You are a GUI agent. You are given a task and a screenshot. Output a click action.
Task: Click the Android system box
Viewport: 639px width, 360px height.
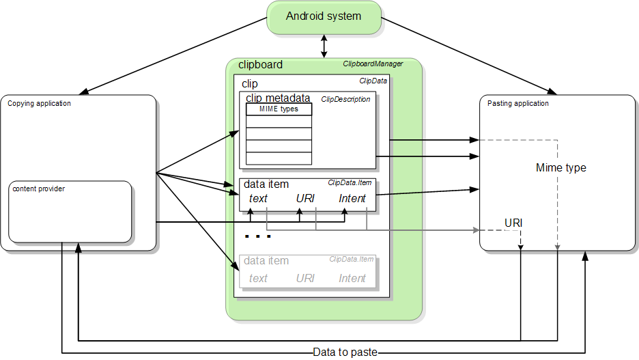pyautogui.click(x=324, y=16)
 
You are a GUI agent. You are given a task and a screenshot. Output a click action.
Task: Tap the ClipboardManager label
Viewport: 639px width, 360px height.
pyautogui.click(x=372, y=64)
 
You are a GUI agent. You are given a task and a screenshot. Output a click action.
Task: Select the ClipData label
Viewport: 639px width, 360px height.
pyautogui.click(x=373, y=81)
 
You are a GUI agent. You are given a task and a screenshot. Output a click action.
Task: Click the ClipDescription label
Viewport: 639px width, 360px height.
pyautogui.click(x=345, y=99)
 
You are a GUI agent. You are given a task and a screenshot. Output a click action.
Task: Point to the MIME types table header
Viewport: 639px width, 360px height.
pyautogui.click(x=279, y=109)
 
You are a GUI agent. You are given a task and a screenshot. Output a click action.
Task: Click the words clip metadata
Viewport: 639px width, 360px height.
pyautogui.click(x=279, y=98)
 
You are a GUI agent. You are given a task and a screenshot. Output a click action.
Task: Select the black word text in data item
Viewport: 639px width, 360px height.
pyautogui.click(x=258, y=198)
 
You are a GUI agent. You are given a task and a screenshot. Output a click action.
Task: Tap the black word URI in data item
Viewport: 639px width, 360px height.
pyautogui.click(x=305, y=198)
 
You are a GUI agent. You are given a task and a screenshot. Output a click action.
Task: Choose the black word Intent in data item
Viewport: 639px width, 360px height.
pyautogui.click(x=352, y=198)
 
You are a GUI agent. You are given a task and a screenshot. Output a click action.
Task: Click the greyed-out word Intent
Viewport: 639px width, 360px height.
pyautogui.click(x=352, y=278)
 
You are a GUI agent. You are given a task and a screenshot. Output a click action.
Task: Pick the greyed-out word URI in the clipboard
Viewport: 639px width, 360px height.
pyautogui.click(x=305, y=278)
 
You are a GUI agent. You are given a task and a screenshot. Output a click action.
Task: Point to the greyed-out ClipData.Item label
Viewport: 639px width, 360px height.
pyautogui.click(x=351, y=259)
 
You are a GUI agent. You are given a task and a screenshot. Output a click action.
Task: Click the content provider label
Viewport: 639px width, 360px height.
pyautogui.click(x=39, y=189)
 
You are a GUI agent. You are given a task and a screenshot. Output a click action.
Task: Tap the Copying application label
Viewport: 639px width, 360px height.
pyautogui.click(x=39, y=104)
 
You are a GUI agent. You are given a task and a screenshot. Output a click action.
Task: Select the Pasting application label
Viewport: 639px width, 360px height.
pyautogui.click(x=518, y=104)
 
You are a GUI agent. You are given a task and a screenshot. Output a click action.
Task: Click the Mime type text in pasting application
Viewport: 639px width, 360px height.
pyautogui.click(x=560, y=167)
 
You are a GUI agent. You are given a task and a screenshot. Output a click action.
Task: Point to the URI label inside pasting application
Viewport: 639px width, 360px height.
pyautogui.click(x=514, y=223)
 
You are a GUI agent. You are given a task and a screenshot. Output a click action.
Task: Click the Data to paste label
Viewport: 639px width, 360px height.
pyautogui.click(x=345, y=352)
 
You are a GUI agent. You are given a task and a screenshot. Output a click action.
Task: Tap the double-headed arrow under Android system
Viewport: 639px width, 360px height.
pyautogui.click(x=324, y=46)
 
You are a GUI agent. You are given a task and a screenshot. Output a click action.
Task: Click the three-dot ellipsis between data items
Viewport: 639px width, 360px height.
pyautogui.click(x=258, y=236)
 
